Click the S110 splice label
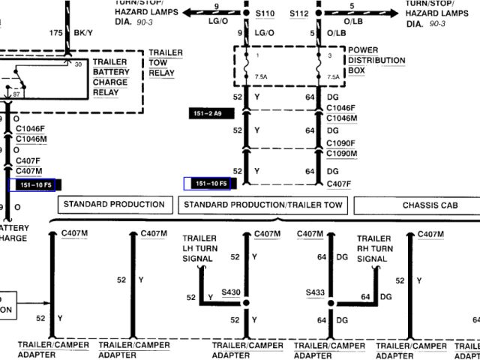(x=265, y=13)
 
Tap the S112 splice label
(x=298, y=13)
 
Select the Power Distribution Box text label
(x=375, y=61)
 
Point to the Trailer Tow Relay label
(x=166, y=64)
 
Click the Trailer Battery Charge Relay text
(x=110, y=77)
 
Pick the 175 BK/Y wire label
(x=61, y=34)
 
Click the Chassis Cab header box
(x=417, y=205)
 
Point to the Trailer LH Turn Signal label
(x=198, y=247)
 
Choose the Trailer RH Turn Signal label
(x=374, y=247)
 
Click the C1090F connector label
(x=341, y=142)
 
